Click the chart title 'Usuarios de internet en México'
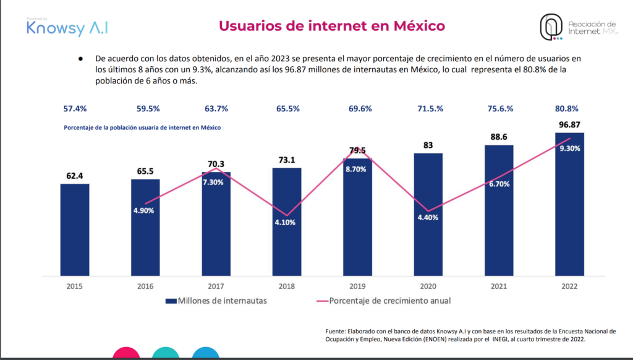(332, 25)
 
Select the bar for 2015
(75, 229)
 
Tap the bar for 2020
(428, 213)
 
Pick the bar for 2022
(569, 204)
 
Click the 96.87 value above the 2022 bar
(569, 125)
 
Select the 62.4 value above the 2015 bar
(75, 176)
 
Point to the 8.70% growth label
(357, 169)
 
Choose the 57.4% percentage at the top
(75, 109)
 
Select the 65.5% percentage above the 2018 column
(287, 109)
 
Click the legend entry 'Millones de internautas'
(220, 301)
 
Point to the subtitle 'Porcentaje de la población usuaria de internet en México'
(142, 127)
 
